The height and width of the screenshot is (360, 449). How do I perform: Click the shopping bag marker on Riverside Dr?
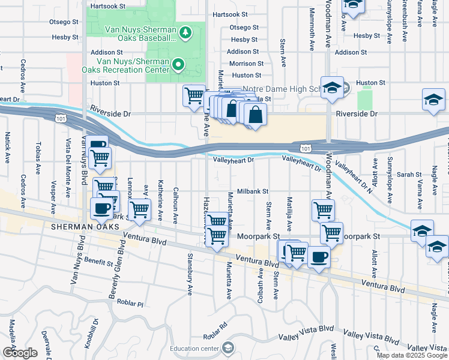point(255,114)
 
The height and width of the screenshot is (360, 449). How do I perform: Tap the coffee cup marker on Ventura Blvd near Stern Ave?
point(318,257)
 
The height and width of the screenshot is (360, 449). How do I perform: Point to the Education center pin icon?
point(228,348)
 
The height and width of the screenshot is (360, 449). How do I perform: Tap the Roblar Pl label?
point(131,304)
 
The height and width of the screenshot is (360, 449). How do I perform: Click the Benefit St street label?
point(98,262)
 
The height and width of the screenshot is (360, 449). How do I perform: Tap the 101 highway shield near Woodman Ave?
point(306,148)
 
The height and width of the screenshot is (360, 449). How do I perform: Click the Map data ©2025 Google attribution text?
point(411,355)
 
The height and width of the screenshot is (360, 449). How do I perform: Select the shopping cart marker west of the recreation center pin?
point(193,95)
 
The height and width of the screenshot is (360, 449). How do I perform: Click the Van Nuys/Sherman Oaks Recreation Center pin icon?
point(178,64)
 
